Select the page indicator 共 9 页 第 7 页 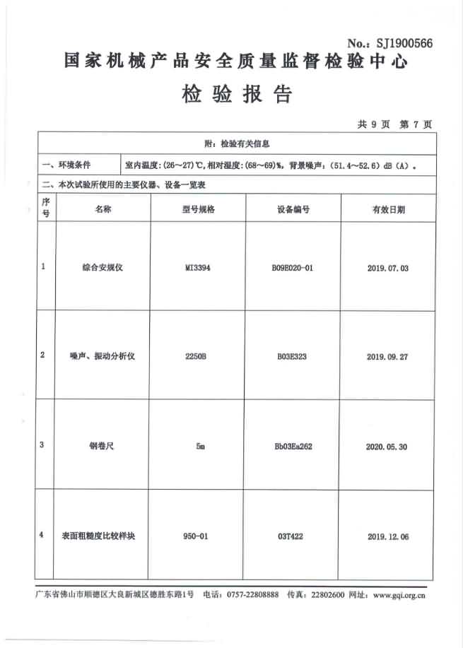(x=394, y=124)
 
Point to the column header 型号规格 (x=198, y=210)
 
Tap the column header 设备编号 (x=293, y=210)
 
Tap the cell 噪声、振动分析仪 (x=103, y=356)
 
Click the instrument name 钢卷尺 (x=103, y=446)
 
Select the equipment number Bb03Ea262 (x=293, y=447)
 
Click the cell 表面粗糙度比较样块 (x=103, y=536)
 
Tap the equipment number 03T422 (x=293, y=536)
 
